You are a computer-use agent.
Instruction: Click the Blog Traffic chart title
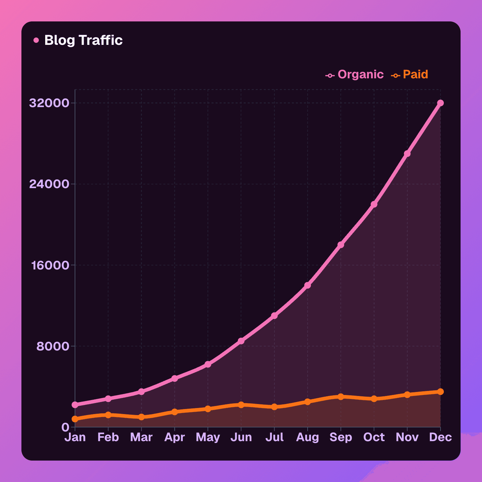[x=83, y=40]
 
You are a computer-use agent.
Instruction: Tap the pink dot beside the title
[x=36, y=41]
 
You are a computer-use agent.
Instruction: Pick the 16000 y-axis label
[x=50, y=265]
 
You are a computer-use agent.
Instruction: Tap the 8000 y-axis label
[x=53, y=346]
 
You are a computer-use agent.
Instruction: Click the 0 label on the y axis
[x=65, y=427]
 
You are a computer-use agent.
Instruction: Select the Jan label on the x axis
[x=75, y=437]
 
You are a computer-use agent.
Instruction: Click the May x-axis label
[x=208, y=437]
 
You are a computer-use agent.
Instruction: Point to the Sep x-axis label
[x=341, y=437]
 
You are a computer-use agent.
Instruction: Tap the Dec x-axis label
[x=440, y=437]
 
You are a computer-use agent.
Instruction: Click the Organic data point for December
[x=440, y=103]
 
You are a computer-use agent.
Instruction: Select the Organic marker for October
[x=374, y=204]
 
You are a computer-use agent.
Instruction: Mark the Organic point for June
[x=241, y=341]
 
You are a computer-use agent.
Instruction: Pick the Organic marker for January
[x=75, y=405]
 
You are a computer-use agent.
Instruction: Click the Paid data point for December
[x=440, y=392]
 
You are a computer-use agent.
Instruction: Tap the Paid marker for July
[x=274, y=407]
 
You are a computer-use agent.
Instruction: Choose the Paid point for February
[x=108, y=415]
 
